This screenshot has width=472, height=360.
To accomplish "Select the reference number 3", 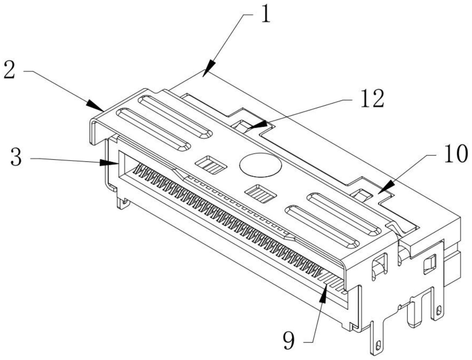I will click(x=16, y=158).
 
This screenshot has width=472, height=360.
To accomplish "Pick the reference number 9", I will click(x=289, y=341).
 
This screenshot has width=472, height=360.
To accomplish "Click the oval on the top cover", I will click(x=261, y=164).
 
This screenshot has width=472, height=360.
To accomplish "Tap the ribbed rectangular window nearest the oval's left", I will click(x=211, y=165).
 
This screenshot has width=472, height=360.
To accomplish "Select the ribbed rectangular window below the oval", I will click(x=261, y=194).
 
